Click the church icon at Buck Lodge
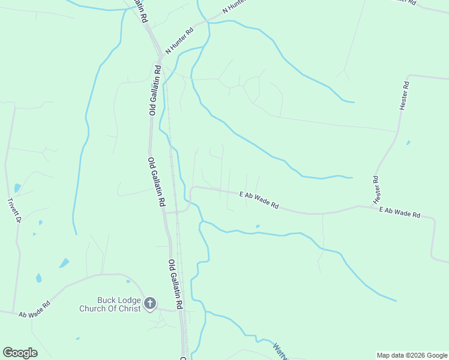click(x=150, y=304)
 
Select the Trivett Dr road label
click(x=14, y=211)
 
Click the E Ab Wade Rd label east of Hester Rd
click(x=399, y=212)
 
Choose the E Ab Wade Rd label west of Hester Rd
click(x=259, y=200)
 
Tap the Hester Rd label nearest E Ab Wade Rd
click(x=376, y=188)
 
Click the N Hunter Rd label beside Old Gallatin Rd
click(x=179, y=41)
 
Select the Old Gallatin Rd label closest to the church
click(x=175, y=284)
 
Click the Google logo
click(x=20, y=353)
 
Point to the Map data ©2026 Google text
click(x=411, y=355)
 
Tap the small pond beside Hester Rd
click(x=408, y=143)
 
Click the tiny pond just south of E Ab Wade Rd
click(x=258, y=226)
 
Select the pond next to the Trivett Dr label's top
click(x=17, y=188)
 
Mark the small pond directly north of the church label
click(x=128, y=281)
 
